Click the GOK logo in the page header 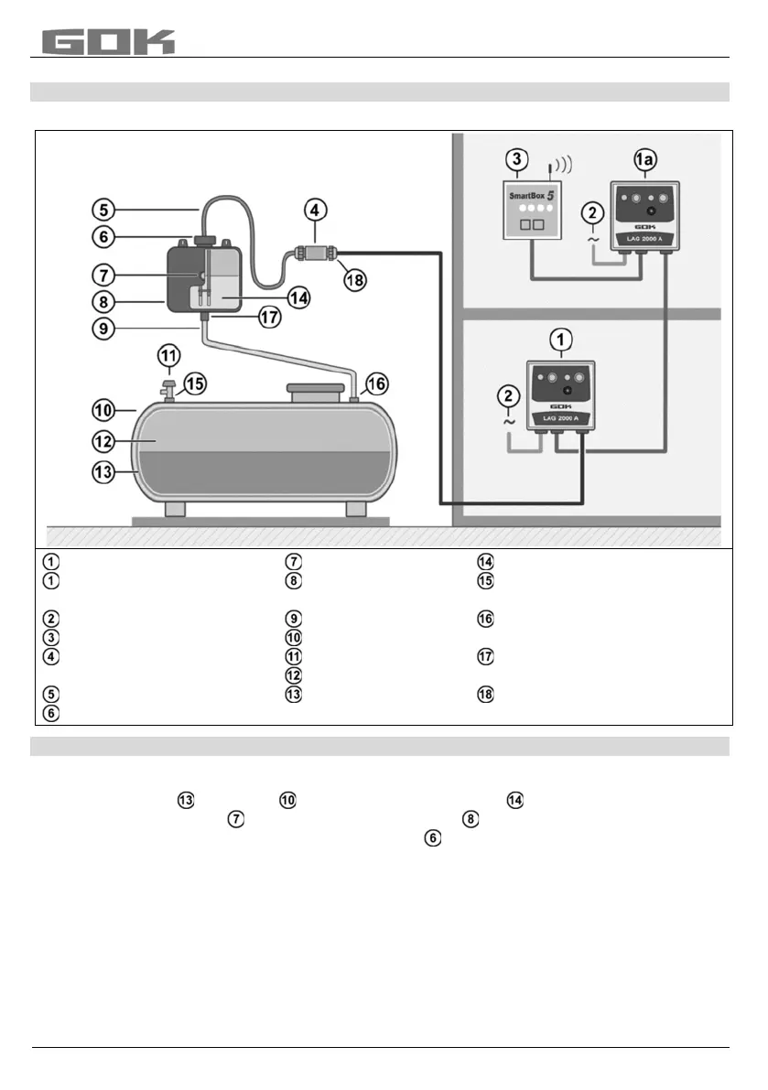click(108, 41)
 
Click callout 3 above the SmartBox click(517, 159)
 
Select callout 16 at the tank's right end click(377, 382)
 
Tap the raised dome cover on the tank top click(314, 394)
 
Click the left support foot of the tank click(177, 509)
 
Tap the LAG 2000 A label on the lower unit click(561, 418)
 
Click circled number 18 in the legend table click(484, 695)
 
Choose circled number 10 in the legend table click(294, 637)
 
